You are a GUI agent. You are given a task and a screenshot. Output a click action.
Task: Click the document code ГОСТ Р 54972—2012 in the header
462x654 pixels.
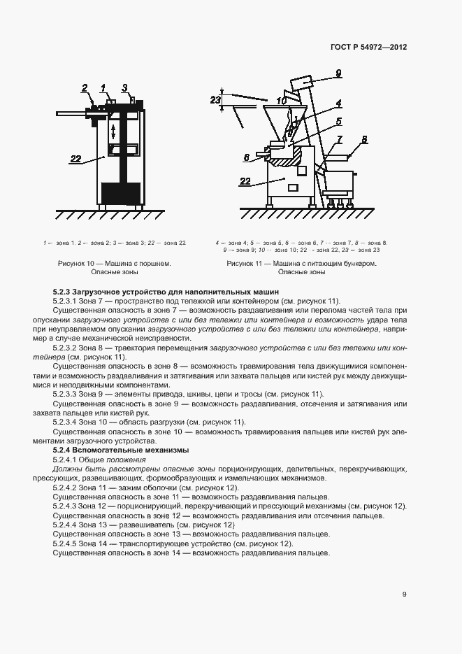368,47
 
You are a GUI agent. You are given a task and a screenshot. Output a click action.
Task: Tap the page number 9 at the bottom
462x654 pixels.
404,595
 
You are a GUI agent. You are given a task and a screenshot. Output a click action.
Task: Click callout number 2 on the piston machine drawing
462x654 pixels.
85,88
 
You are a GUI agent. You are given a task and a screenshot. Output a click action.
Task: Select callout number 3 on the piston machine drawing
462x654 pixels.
124,87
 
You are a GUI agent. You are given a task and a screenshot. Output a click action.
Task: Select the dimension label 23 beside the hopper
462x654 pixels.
216,100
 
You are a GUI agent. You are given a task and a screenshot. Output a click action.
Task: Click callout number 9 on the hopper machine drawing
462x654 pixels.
338,72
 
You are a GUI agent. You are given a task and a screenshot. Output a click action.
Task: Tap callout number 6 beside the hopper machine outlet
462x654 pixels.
247,157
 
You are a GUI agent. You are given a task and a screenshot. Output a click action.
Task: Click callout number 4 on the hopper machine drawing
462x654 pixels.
338,103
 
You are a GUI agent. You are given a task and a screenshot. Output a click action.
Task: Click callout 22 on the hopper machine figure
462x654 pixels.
245,181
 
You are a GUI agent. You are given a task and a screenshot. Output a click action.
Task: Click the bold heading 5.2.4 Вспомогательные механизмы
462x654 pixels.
120,450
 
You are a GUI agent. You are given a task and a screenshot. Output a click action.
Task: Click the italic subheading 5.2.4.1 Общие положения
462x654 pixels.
99,460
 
